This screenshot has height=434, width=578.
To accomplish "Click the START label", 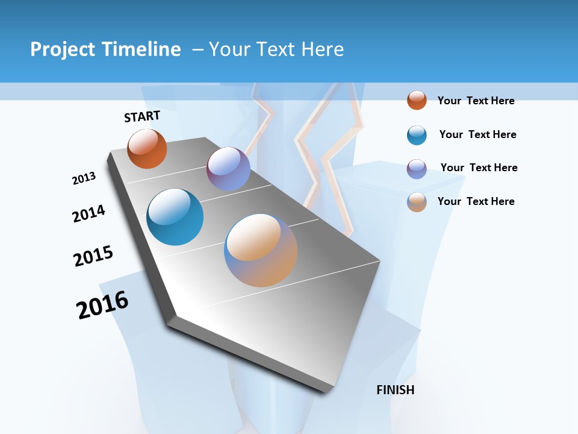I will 142,116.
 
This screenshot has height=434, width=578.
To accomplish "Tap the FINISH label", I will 396,390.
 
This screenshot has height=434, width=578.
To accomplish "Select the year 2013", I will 84,178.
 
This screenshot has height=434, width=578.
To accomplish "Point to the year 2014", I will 89,213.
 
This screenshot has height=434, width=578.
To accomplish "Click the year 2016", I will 102,305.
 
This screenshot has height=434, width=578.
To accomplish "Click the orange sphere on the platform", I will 147,149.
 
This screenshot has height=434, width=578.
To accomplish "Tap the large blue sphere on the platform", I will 175,217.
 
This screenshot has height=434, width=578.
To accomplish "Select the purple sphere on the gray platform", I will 228,169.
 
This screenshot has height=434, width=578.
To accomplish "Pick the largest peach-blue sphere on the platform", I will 261,250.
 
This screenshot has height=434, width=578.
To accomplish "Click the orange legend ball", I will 417,100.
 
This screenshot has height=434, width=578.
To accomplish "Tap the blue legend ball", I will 417,135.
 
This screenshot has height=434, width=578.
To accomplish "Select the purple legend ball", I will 417,168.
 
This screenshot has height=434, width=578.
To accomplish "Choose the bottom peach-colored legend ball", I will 417,202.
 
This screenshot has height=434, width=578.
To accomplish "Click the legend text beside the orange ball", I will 476,101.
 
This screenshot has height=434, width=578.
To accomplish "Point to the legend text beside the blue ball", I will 477,134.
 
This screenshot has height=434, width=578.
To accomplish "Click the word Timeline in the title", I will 142,49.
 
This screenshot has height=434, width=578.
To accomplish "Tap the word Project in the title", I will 63,49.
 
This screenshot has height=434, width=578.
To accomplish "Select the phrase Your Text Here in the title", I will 276,49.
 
